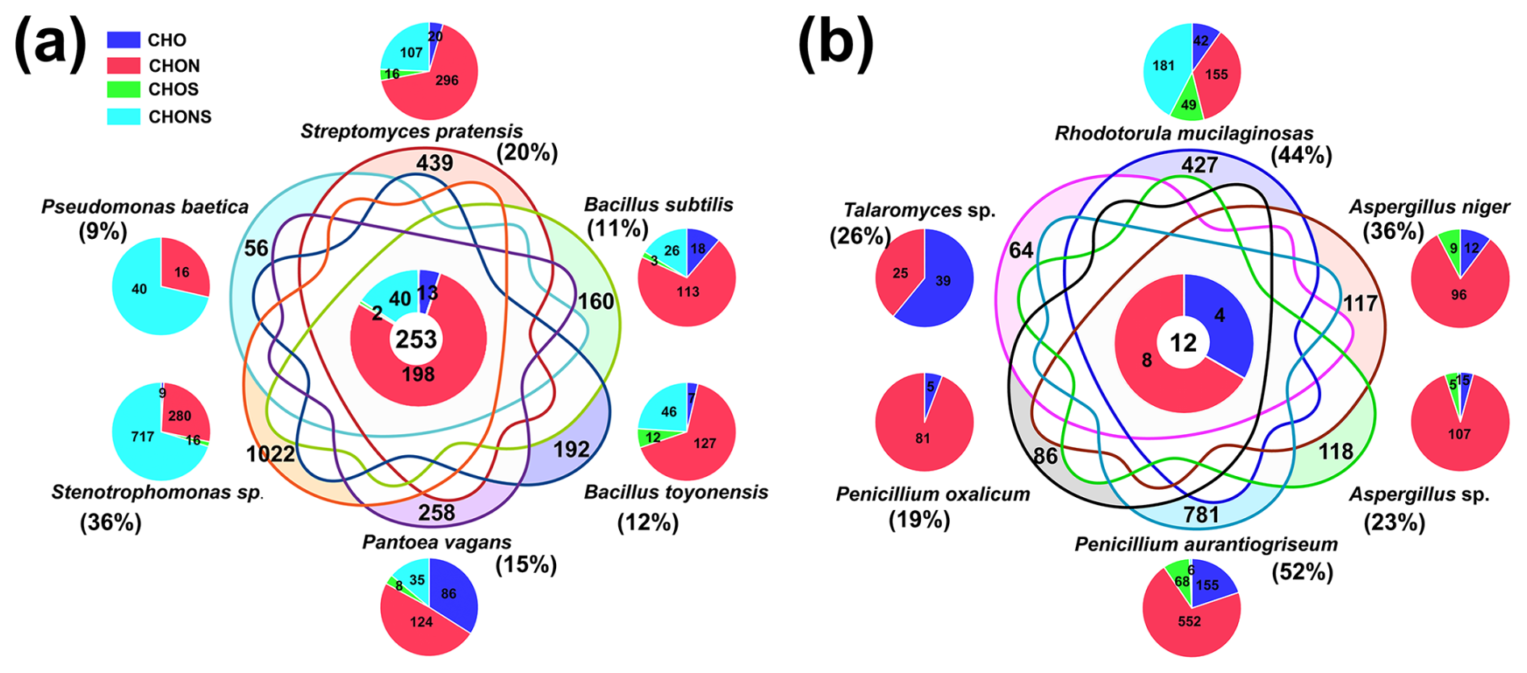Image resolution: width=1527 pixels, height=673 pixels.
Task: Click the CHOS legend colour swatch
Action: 123,90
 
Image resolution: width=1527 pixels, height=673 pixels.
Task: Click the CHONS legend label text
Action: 179,117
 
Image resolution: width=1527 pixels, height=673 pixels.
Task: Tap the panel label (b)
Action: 835,42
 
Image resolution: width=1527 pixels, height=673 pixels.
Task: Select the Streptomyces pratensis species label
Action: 412,132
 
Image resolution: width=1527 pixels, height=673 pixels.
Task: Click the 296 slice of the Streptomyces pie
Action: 446,81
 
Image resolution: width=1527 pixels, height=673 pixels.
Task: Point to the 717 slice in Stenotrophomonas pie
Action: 143,437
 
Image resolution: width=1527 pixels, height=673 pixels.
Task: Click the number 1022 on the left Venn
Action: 270,454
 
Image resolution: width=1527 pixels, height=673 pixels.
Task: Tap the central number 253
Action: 416,340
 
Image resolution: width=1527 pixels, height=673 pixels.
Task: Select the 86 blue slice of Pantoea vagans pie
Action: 449,594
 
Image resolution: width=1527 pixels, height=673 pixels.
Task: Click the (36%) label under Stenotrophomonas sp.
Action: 111,523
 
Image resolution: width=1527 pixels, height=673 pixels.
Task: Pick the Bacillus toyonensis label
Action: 676,492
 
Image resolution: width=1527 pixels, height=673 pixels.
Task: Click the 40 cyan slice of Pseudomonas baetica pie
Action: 139,289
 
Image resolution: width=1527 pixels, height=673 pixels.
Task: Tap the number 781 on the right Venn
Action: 1201,515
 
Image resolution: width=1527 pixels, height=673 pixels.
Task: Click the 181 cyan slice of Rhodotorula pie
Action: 1163,65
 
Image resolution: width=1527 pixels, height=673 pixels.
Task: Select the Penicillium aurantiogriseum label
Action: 1206,545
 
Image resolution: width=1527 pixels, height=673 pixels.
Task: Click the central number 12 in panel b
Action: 1183,343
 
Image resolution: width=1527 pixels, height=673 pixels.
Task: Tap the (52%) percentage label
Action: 1302,572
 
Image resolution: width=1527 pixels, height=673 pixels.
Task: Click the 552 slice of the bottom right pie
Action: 1189,621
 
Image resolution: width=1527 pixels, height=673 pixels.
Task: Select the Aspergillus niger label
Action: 1429,207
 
